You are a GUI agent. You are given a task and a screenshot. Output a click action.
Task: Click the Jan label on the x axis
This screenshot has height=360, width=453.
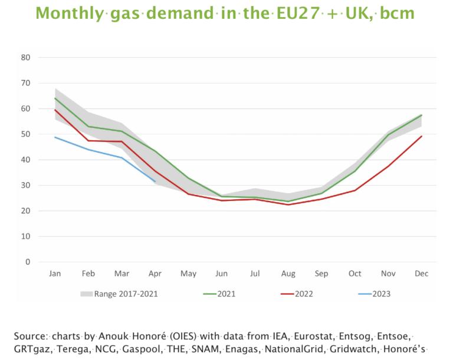[54, 274]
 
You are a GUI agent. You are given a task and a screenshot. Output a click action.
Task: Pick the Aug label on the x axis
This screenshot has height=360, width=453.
[288, 274]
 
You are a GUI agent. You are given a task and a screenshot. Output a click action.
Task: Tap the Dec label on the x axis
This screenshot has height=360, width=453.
[421, 274]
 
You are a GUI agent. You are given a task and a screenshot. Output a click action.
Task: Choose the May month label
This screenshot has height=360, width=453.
[188, 274]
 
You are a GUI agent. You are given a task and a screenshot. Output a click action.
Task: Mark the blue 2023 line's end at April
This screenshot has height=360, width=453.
[155, 182]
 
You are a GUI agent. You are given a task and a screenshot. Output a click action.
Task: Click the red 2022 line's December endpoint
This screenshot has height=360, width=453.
[421, 136]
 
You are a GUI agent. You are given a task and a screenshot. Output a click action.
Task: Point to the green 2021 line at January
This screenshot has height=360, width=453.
[55, 98]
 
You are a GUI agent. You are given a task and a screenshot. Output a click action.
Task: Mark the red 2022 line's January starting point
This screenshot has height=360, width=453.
[55, 110]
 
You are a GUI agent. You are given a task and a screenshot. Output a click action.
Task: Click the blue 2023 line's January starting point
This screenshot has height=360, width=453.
[55, 137]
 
